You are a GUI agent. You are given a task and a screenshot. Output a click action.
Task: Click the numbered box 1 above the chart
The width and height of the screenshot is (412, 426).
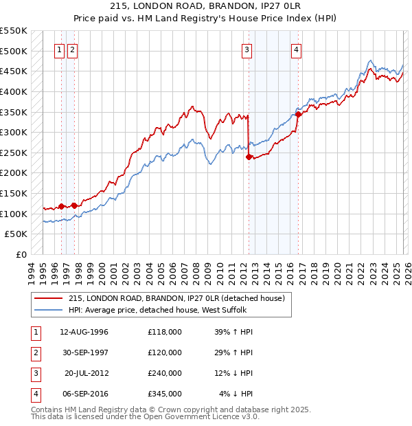[59, 49]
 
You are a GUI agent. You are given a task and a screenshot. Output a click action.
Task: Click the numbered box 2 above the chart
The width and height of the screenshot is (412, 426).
[73, 49]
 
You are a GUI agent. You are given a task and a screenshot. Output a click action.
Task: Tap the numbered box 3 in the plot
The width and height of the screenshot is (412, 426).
[247, 49]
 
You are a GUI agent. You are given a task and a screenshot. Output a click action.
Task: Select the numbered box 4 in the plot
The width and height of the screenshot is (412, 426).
[296, 49]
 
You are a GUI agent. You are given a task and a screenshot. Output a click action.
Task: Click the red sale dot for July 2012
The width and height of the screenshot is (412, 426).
[249, 157]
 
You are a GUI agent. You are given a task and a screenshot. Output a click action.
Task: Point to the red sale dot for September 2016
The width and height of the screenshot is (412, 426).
[299, 115]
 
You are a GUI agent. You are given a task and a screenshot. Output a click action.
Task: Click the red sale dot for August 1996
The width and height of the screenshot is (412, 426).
[62, 206]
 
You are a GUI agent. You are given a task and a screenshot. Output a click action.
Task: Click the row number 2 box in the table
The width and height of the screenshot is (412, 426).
[35, 352]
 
